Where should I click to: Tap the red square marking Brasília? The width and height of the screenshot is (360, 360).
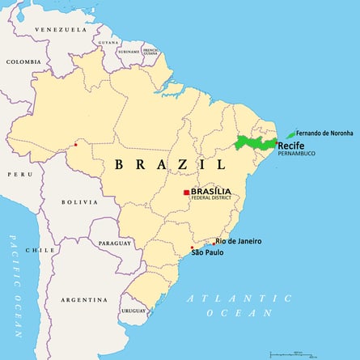186,193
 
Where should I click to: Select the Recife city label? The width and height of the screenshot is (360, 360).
290,146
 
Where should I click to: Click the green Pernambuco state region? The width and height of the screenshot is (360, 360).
255,143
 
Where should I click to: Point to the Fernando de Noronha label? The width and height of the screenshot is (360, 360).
324,133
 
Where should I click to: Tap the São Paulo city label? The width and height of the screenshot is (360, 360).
207,253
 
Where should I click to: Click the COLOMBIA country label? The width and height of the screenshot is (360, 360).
23,61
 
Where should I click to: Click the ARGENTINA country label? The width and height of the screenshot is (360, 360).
83,299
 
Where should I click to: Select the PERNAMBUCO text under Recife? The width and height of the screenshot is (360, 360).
296,154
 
